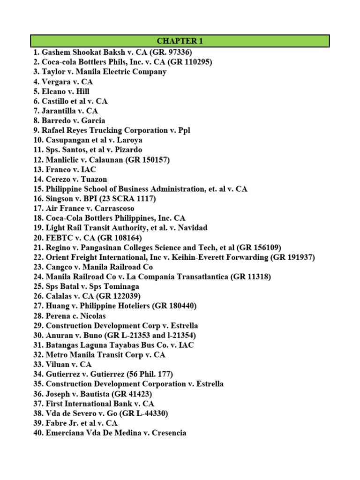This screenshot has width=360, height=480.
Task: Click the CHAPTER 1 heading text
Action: pyautogui.click(x=180, y=41)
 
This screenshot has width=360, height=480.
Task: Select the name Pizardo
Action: pyautogui.click(x=127, y=150)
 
